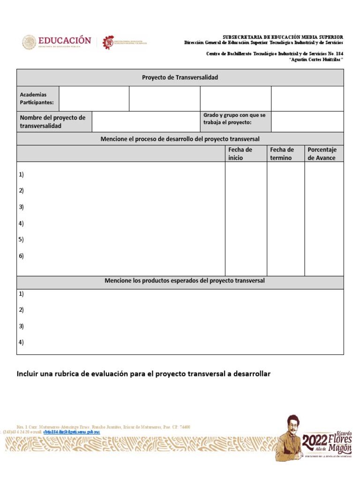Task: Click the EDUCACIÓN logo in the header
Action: coord(56,42)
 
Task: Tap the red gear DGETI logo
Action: coord(108,42)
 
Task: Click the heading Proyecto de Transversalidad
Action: coord(180,77)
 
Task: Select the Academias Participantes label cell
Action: coord(37,98)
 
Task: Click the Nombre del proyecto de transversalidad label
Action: coord(52,122)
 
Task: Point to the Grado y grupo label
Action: coord(234,119)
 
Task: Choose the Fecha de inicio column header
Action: coord(240,154)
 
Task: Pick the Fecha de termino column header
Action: coord(282,154)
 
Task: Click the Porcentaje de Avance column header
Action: coord(322,154)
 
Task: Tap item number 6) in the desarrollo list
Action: coord(22,256)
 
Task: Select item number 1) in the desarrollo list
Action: coord(22,174)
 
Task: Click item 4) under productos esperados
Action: coord(22,342)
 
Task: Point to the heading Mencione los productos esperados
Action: coord(185,281)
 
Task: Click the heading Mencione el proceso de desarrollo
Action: coord(180,139)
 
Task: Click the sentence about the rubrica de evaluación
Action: coord(143,374)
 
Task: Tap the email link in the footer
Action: coord(71,432)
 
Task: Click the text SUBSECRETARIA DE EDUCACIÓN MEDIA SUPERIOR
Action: coord(282,37)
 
